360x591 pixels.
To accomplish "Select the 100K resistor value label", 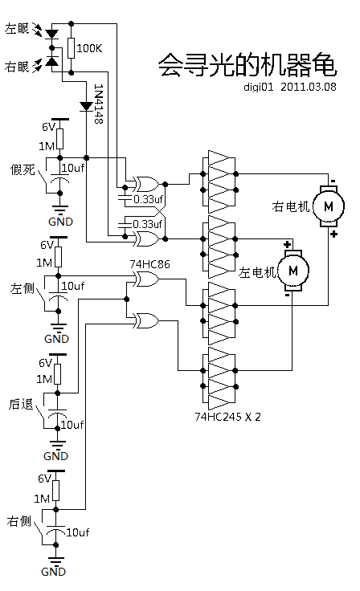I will [89, 49].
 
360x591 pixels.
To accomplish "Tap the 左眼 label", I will [17, 29].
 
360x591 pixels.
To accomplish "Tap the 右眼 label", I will [17, 65].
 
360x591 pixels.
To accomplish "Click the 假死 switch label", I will [22, 169].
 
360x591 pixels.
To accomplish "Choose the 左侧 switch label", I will [22, 287].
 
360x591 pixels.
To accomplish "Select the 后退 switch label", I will [22, 405].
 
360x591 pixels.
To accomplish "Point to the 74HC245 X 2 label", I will [227, 417].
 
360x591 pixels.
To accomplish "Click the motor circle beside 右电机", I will [328, 206].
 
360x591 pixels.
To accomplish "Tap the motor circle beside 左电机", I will [293, 267].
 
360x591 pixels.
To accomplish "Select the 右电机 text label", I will [292, 207].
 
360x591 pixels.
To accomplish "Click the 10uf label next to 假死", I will [73, 168].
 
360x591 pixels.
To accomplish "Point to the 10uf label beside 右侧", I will [77, 532].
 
